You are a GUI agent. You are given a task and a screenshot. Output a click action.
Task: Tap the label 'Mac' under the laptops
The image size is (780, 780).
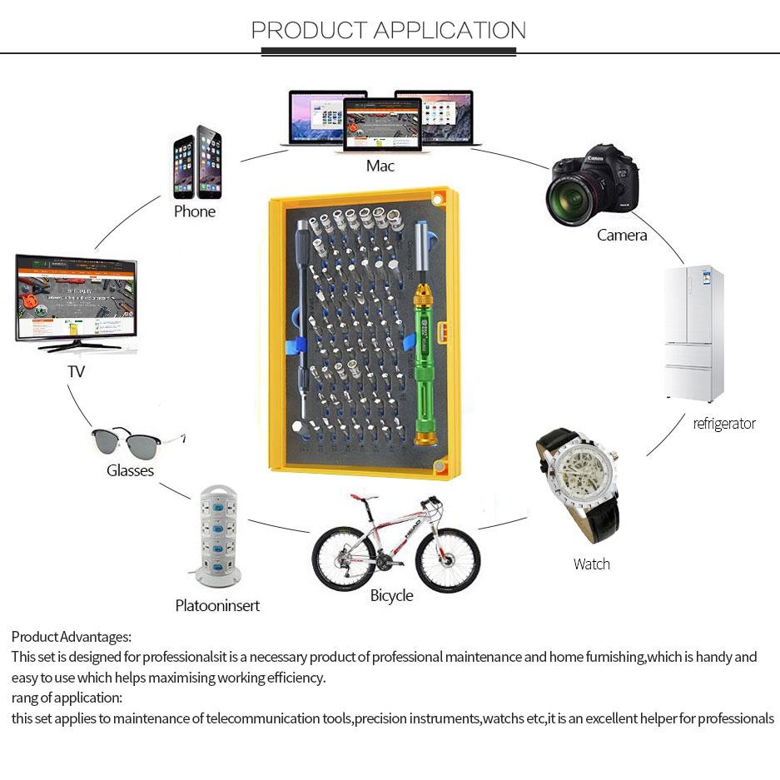click(380, 166)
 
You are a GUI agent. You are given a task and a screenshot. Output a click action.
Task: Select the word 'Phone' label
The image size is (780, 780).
click(195, 211)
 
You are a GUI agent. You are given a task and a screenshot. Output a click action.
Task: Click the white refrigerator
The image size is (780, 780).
click(693, 333)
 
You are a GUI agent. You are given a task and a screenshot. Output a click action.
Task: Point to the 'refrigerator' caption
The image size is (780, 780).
click(724, 424)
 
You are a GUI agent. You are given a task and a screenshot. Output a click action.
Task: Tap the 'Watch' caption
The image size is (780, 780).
click(591, 564)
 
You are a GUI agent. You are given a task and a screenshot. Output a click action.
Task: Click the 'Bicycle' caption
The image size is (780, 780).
click(391, 596)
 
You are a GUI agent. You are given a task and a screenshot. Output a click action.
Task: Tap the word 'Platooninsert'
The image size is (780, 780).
click(217, 606)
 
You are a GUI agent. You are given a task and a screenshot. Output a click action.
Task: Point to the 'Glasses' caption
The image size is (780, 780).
click(130, 471)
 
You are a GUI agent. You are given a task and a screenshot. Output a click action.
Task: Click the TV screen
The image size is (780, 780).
click(76, 298)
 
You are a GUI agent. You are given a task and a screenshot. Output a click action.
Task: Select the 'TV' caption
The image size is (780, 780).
click(76, 372)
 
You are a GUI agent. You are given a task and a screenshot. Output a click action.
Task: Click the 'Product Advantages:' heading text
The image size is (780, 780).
click(72, 637)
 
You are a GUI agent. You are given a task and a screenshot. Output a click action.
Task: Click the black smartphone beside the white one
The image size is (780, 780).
click(209, 162)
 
